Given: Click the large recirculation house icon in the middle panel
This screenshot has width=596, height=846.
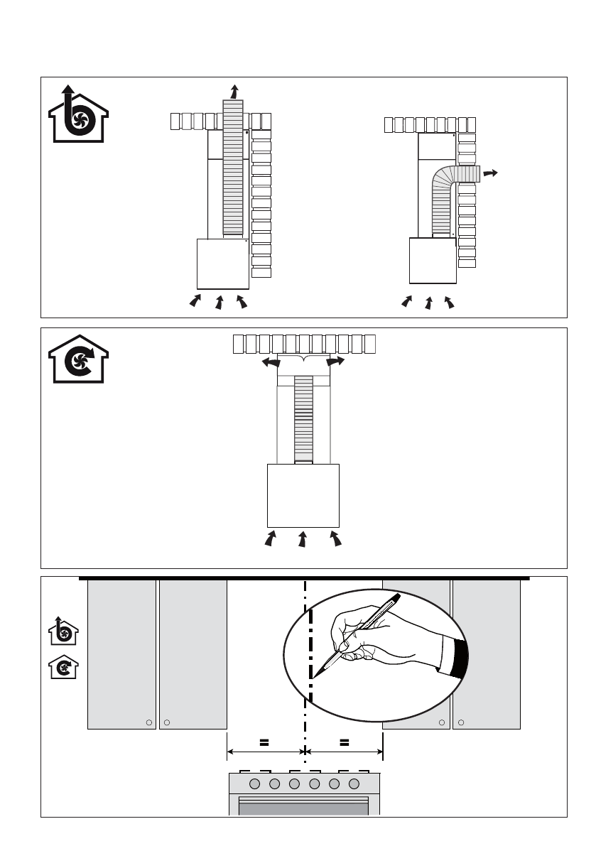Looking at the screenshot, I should coord(78,359).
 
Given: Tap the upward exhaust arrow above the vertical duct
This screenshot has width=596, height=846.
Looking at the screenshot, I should coord(235,91).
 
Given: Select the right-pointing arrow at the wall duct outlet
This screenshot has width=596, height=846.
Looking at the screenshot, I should coord(489,173).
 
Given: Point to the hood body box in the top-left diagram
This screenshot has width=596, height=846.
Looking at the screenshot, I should coord(222,262).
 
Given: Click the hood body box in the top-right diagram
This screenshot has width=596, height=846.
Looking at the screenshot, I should coord(433,261).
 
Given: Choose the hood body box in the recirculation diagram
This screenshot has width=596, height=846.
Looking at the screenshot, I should coord(303,494).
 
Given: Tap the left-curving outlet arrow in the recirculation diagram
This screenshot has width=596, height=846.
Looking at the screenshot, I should coord(269,362).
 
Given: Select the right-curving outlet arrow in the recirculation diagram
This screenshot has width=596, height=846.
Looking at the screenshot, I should coord(336,362).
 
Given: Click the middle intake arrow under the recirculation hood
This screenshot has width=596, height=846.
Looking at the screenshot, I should coord(303,539).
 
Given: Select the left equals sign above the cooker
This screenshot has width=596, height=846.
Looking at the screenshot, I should coord(264,742).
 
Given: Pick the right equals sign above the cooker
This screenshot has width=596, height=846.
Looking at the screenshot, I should coord(345,742).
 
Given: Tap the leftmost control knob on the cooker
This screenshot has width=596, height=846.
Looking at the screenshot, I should coord(255,783).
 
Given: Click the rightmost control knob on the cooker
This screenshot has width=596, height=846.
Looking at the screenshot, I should coord(354,783).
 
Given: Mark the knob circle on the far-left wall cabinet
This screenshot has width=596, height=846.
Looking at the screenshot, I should coord(148,722).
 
